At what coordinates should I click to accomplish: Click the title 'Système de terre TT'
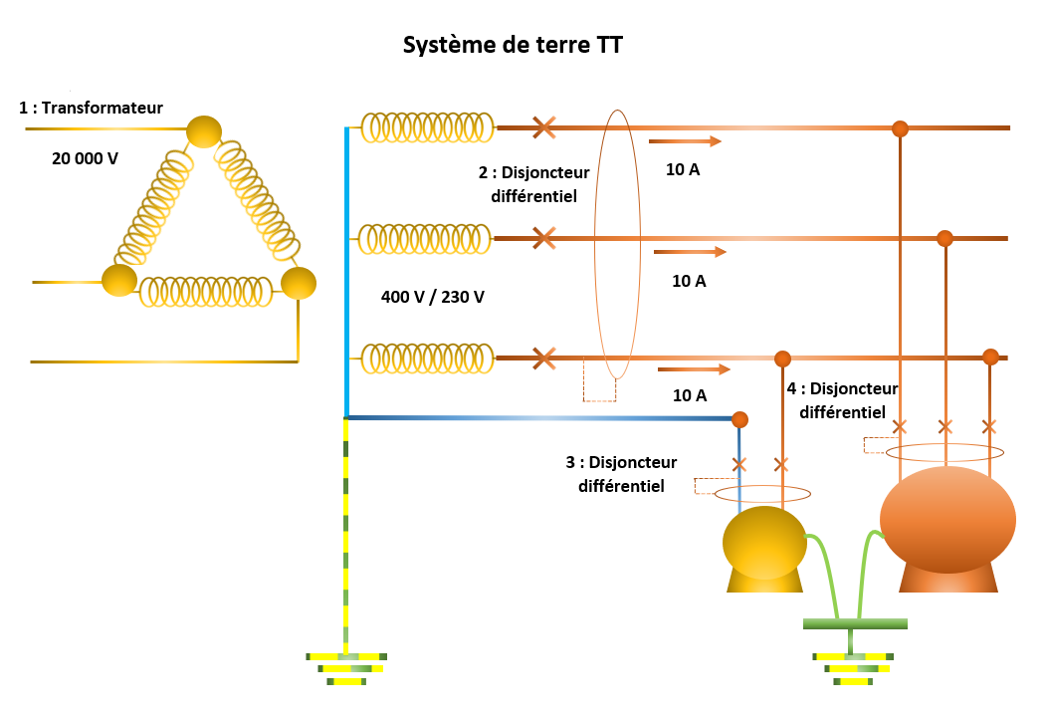pyautogui.click(x=513, y=46)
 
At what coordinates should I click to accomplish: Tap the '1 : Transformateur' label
pyautogui.click(x=91, y=108)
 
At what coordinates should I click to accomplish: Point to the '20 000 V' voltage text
pyautogui.click(x=86, y=157)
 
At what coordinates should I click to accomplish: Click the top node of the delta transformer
pyautogui.click(x=204, y=131)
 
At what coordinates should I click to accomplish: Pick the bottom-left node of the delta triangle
pyautogui.click(x=119, y=281)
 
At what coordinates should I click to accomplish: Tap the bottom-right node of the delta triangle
pyautogui.click(x=298, y=283)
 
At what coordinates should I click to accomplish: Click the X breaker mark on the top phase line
pyautogui.click(x=543, y=127)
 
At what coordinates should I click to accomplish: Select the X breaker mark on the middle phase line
pyautogui.click(x=543, y=238)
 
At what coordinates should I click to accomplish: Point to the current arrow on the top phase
pyautogui.click(x=685, y=141)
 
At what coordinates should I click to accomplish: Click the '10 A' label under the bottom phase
pyautogui.click(x=690, y=395)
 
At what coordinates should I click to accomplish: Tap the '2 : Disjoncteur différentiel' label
pyautogui.click(x=533, y=184)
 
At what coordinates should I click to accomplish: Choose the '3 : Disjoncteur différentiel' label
pyautogui.click(x=621, y=474)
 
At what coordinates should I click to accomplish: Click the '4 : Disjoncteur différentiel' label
pyautogui.click(x=842, y=399)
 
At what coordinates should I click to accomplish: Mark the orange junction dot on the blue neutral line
pyautogui.click(x=739, y=418)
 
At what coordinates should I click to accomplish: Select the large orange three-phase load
pyautogui.click(x=947, y=528)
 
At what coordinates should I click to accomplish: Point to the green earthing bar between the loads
pyautogui.click(x=856, y=624)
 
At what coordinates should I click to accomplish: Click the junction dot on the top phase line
pyautogui.click(x=900, y=128)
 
